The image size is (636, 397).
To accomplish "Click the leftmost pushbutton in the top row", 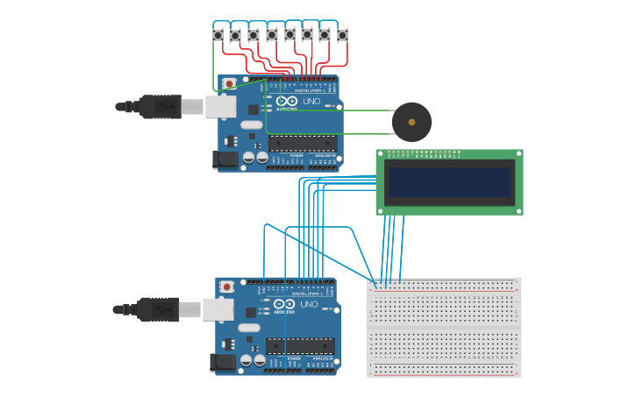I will coord(218,35).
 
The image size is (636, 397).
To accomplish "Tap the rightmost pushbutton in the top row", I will coord(342,35).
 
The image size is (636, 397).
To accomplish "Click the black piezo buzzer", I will coord(411,122).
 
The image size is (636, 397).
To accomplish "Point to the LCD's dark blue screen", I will coord(449,183).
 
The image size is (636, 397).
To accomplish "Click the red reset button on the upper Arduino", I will coord(229,84).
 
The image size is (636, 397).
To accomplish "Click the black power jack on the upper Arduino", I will coord(225,160).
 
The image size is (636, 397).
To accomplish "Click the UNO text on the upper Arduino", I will coord(311,102).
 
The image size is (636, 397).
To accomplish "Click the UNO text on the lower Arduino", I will coord(309,305).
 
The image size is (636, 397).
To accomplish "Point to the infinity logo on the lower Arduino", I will coord(283,304).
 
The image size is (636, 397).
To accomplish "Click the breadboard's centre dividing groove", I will coord(444,327).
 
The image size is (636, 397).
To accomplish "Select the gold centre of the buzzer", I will coord(411,122).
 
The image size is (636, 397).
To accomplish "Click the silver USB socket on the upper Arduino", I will coord(220,107).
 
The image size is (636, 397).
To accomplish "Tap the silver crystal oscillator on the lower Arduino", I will coord(249,328).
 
